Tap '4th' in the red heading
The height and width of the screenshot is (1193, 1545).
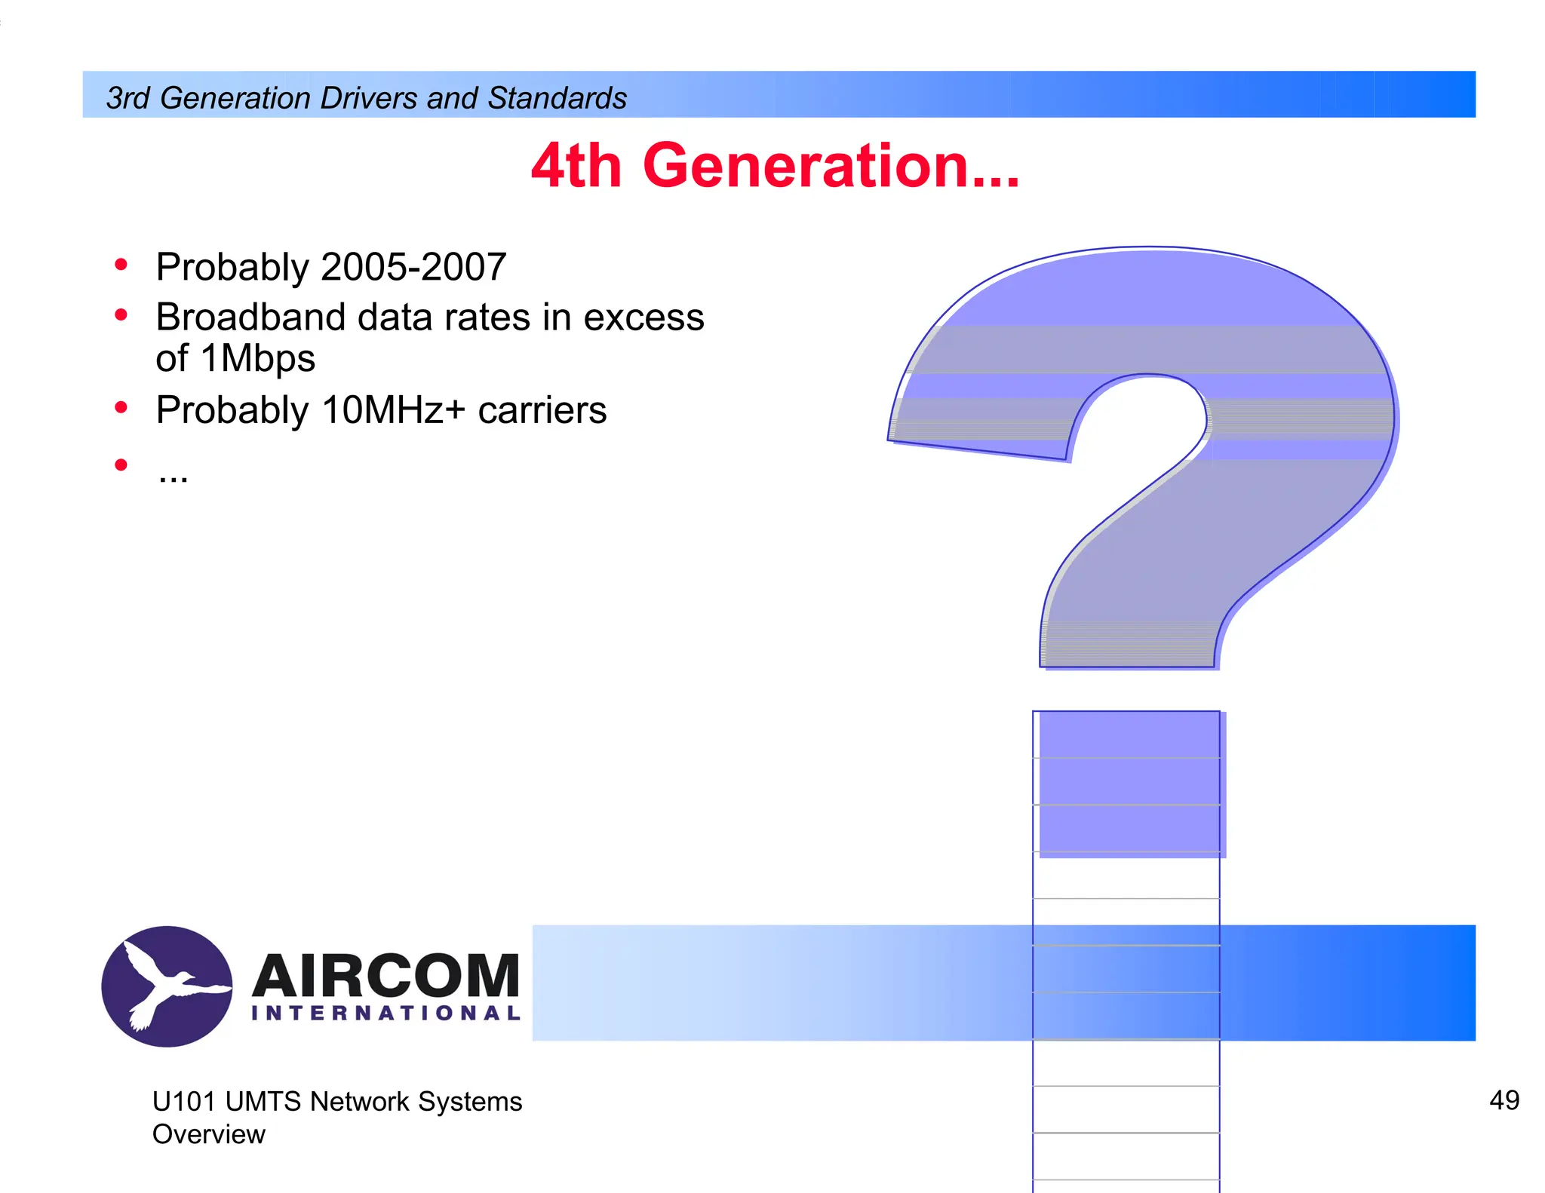click(576, 166)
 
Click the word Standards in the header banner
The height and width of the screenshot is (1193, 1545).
click(557, 98)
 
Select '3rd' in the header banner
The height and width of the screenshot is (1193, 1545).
click(127, 98)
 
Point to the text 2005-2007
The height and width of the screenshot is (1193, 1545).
click(413, 267)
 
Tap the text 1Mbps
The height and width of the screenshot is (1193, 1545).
click(257, 358)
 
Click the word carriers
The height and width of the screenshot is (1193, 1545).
click(542, 410)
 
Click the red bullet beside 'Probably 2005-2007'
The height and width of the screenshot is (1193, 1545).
click(121, 265)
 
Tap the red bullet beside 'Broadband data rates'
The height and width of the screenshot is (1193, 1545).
click(121, 315)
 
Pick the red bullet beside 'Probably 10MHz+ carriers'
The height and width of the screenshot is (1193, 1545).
click(121, 408)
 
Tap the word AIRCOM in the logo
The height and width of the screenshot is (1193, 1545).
click(385, 976)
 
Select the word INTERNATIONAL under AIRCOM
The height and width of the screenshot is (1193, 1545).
click(385, 1013)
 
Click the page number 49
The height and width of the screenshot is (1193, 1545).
click(1504, 1100)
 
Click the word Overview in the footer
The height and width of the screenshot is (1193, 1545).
click(209, 1134)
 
